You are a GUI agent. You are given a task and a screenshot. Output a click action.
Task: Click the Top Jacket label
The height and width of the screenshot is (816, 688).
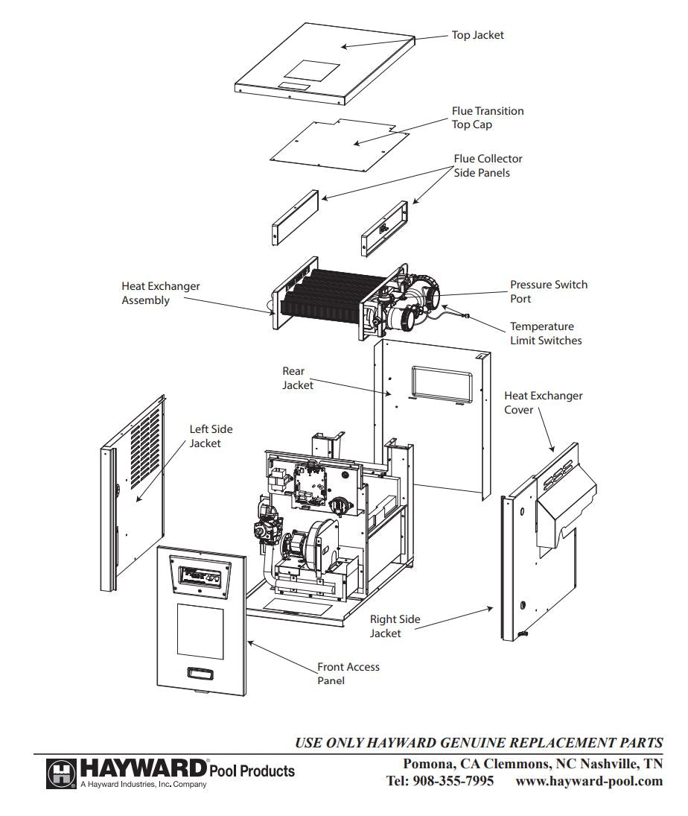pos(477,35)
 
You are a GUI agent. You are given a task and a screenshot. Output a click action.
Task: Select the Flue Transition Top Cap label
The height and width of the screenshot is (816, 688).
pos(488,118)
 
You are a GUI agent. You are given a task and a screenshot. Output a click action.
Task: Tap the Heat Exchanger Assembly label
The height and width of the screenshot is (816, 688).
pos(161,294)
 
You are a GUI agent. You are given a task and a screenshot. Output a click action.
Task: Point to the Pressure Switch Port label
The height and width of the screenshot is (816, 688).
pos(548,291)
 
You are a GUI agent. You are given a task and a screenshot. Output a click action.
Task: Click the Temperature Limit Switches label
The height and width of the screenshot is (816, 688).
pos(546,333)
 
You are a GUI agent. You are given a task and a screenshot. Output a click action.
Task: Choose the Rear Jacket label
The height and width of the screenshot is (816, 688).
pos(297,378)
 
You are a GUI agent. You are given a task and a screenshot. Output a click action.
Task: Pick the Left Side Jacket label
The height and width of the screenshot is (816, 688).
pos(211,436)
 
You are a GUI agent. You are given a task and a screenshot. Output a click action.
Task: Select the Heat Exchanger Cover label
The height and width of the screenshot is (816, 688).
pos(543,402)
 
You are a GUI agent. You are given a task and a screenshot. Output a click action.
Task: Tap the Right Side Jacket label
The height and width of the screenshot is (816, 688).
pos(395,626)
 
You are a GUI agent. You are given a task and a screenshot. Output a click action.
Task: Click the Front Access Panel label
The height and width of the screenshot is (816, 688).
pos(348,674)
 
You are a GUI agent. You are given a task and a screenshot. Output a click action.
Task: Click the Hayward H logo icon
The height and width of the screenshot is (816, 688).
pos(61,773)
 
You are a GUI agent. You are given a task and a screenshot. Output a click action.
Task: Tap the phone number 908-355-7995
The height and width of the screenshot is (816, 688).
pos(453,781)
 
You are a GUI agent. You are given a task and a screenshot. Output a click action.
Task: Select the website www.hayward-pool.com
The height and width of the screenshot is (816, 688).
pos(589,781)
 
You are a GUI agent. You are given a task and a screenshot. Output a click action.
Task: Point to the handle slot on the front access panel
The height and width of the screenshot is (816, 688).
pos(200,673)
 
